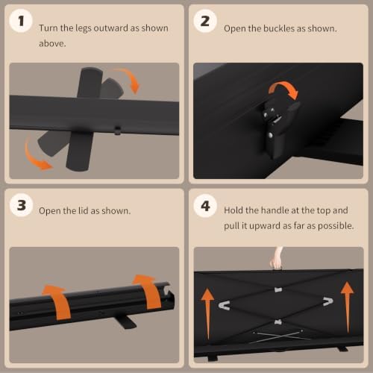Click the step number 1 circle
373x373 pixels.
(21, 21)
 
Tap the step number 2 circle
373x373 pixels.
(205, 21)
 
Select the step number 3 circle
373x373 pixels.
(22, 205)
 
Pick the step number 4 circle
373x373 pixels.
(205, 206)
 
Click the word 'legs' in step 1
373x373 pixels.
(84, 28)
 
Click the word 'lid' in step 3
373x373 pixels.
(84, 210)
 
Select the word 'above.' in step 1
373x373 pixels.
(52, 43)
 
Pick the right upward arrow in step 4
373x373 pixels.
(348, 307)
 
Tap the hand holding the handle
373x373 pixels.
(277, 259)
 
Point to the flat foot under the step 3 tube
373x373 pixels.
(125, 322)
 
